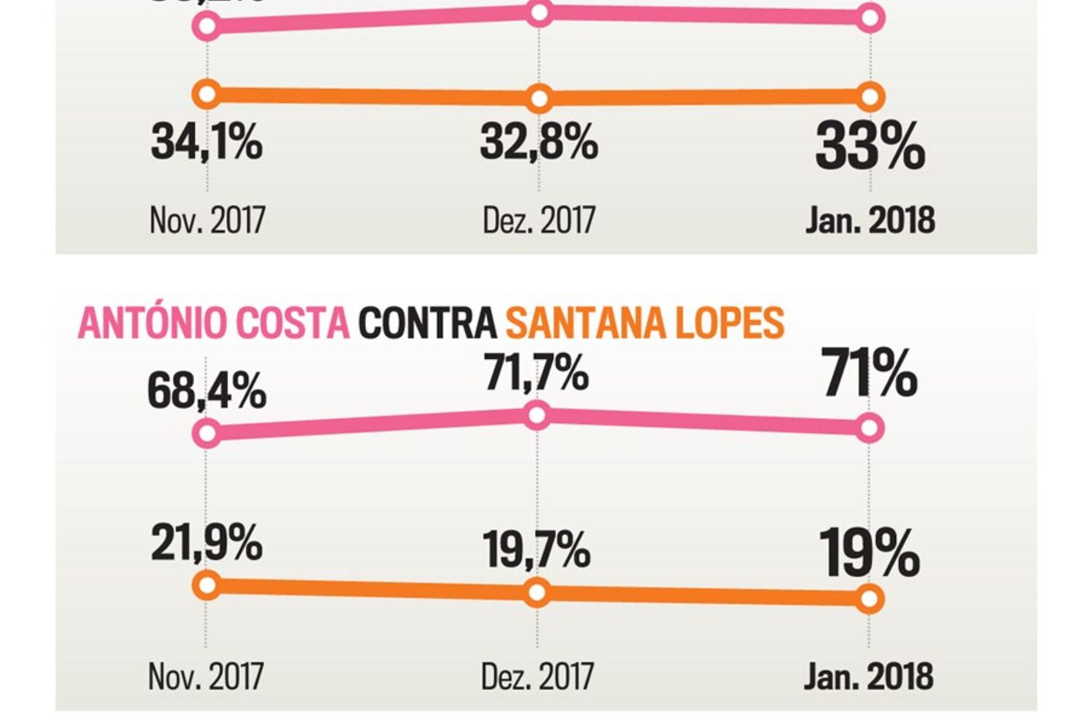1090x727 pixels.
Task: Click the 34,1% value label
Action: coord(206,141)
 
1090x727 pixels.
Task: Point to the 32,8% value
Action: coord(538,141)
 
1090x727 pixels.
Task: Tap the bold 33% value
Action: coord(870,147)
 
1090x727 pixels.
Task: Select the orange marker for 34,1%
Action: coord(207,95)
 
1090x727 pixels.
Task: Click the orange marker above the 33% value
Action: coord(871,97)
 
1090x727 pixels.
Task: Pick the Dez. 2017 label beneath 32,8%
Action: coord(538,220)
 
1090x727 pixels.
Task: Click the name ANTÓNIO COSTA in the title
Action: coord(214,324)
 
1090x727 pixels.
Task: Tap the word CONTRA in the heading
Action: coord(427,324)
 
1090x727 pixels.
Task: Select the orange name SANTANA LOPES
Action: coord(645,324)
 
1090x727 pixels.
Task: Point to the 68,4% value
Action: coord(206,391)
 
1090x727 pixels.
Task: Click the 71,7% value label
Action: coord(536,373)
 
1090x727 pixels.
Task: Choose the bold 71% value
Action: coord(870,374)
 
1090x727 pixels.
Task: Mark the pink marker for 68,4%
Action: coord(207,433)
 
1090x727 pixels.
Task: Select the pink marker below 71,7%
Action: coord(537,416)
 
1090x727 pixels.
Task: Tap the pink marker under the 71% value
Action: coord(870,428)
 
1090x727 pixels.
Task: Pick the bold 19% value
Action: coord(869,553)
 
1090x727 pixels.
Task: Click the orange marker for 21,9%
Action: coord(207,585)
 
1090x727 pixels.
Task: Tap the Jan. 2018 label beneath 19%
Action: coord(868,677)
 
